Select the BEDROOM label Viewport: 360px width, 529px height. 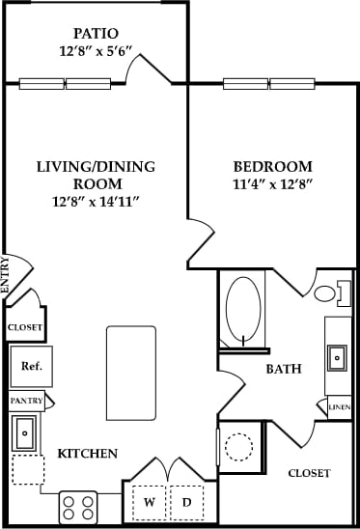[273, 165]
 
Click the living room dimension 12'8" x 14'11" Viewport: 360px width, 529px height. [97, 201]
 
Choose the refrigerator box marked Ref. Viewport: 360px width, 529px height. [31, 368]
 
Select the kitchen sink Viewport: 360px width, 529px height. [25, 433]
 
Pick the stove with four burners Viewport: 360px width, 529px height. [78, 507]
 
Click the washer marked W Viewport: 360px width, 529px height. [150, 502]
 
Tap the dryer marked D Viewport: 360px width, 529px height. [187, 502]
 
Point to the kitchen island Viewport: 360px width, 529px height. [130, 373]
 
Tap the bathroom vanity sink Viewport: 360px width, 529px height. [338, 356]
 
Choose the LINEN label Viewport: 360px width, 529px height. [339, 408]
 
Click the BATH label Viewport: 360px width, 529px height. [284, 369]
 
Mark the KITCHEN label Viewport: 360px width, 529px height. [88, 454]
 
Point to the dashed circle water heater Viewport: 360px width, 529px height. [238, 447]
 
